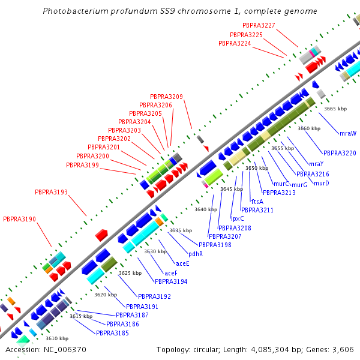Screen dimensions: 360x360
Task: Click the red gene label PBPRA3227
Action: (259, 25)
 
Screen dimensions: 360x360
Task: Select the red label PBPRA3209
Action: (166, 97)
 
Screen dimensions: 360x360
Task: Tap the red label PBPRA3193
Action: (51, 193)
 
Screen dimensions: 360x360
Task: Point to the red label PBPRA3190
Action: (19, 220)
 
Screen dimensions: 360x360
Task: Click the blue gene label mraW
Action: (348, 133)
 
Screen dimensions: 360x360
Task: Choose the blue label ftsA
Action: (257, 202)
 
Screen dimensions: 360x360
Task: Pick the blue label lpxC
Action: (238, 219)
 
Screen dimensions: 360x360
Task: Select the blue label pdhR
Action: (196, 254)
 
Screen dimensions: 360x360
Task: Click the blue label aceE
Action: (182, 263)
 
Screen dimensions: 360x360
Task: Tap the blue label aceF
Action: (170, 273)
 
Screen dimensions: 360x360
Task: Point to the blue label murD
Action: (322, 183)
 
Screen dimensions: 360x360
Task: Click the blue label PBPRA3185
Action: (112, 333)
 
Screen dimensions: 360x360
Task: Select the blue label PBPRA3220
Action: (340, 154)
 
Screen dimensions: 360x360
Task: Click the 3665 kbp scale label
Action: (335, 109)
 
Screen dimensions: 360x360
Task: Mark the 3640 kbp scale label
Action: (205, 209)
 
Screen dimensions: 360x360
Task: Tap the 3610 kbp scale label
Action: (57, 338)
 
